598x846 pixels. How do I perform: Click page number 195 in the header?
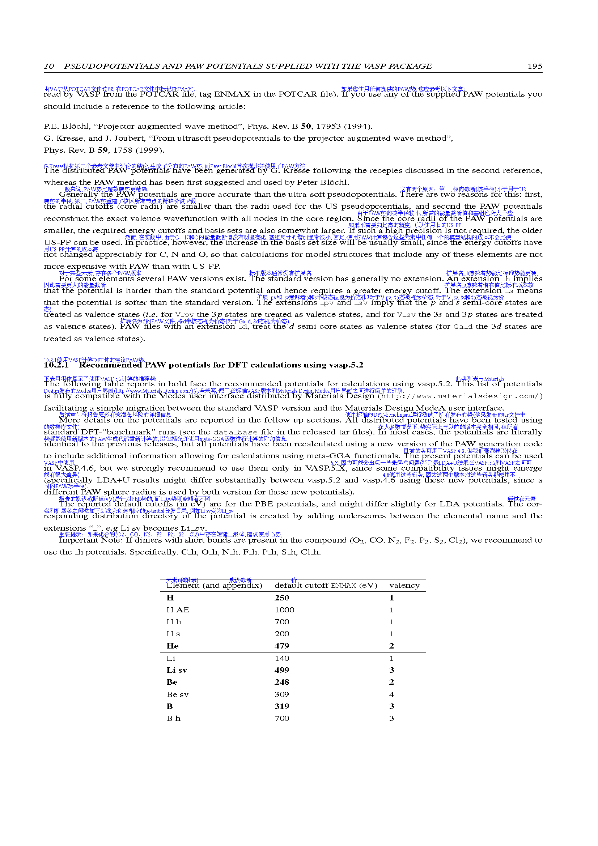click(x=535, y=66)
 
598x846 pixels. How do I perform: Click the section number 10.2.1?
click(x=56, y=365)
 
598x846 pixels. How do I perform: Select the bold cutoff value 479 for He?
click(x=282, y=646)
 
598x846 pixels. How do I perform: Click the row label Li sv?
click(x=177, y=670)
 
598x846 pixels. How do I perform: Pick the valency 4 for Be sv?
click(x=392, y=694)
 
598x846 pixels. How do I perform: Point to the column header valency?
click(x=404, y=586)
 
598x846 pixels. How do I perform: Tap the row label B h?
click(x=174, y=719)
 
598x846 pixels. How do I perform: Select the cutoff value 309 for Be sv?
click(x=282, y=694)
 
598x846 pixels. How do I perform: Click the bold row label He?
click(x=173, y=646)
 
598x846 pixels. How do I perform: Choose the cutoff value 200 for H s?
click(x=282, y=634)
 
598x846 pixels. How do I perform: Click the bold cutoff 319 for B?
click(x=282, y=706)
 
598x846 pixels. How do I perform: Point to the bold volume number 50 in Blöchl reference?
click(x=306, y=126)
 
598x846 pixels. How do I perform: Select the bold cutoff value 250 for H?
click(x=282, y=598)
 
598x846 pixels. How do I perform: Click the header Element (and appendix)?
click(x=214, y=586)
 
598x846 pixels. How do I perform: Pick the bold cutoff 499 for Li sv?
click(x=282, y=670)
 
